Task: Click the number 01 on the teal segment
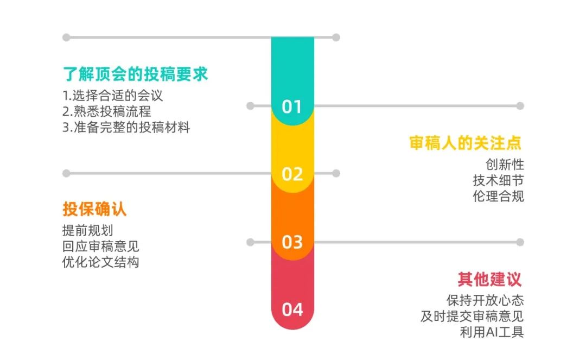click(x=292, y=106)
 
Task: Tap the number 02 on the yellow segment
click(x=292, y=174)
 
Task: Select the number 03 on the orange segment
click(x=292, y=242)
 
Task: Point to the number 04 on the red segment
click(x=292, y=310)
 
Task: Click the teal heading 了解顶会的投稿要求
click(x=135, y=74)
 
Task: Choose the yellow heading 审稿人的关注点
click(x=466, y=143)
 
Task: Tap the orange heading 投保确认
click(x=94, y=209)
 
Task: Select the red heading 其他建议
click(x=489, y=279)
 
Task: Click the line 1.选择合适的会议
click(x=112, y=96)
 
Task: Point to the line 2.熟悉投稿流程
click(x=107, y=111)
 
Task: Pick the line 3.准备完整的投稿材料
click(x=126, y=128)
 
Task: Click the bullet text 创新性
click(x=505, y=165)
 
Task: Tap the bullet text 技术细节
click(x=498, y=181)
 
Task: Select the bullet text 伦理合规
click(x=498, y=196)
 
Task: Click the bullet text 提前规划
click(x=88, y=231)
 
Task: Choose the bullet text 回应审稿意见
click(x=100, y=247)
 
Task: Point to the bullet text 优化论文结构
click(x=100, y=262)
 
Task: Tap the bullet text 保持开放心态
click(x=485, y=301)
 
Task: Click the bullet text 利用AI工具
click(x=492, y=332)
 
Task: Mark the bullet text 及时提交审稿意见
click(x=472, y=316)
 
